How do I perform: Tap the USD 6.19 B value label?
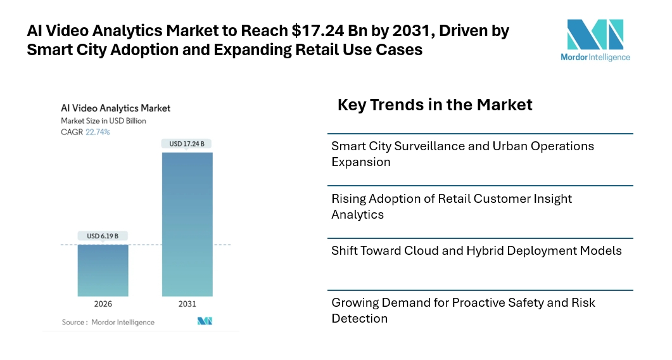point(103,236)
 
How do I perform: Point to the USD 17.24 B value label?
point(187,144)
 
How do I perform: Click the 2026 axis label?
point(103,304)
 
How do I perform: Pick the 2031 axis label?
point(187,304)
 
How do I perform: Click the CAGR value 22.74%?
point(98,132)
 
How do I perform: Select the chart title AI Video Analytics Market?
point(115,108)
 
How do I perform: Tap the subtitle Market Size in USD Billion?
point(103,120)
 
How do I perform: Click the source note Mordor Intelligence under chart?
point(122,322)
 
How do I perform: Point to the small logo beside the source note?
point(205,321)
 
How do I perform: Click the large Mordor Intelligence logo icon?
point(595,35)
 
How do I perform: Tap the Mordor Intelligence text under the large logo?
point(595,57)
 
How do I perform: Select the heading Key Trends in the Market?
point(434,105)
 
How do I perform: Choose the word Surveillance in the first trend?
point(431,146)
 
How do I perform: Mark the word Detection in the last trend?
point(359,318)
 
